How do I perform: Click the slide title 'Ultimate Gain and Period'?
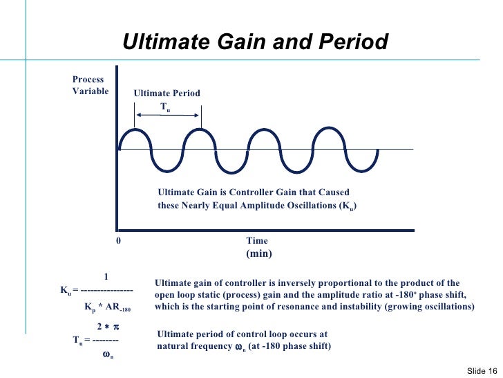coord(256,42)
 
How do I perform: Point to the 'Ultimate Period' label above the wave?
coord(167,93)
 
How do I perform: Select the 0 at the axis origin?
coord(118,241)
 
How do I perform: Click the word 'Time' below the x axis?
coord(256,241)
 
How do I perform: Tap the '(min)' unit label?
coord(259,254)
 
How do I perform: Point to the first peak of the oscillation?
coord(134,129)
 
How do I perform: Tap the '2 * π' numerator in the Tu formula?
coord(108,326)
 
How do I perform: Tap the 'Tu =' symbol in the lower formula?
coord(81,340)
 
